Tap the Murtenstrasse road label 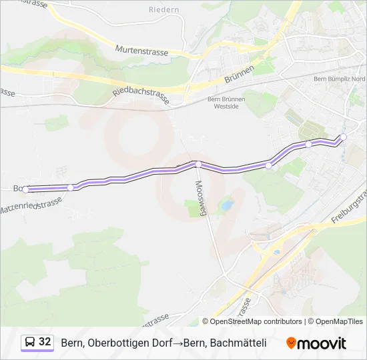pyautogui.click(x=141, y=51)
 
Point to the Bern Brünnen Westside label pyautogui.click(x=227, y=103)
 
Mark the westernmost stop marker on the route pyautogui.click(x=25, y=189)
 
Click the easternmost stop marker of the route pyautogui.click(x=344, y=137)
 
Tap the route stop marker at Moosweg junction pyautogui.click(x=198, y=164)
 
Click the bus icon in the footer pyautogui.click(x=29, y=343)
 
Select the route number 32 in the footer pyautogui.click(x=45, y=342)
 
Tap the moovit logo pyautogui.click(x=316, y=343)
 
